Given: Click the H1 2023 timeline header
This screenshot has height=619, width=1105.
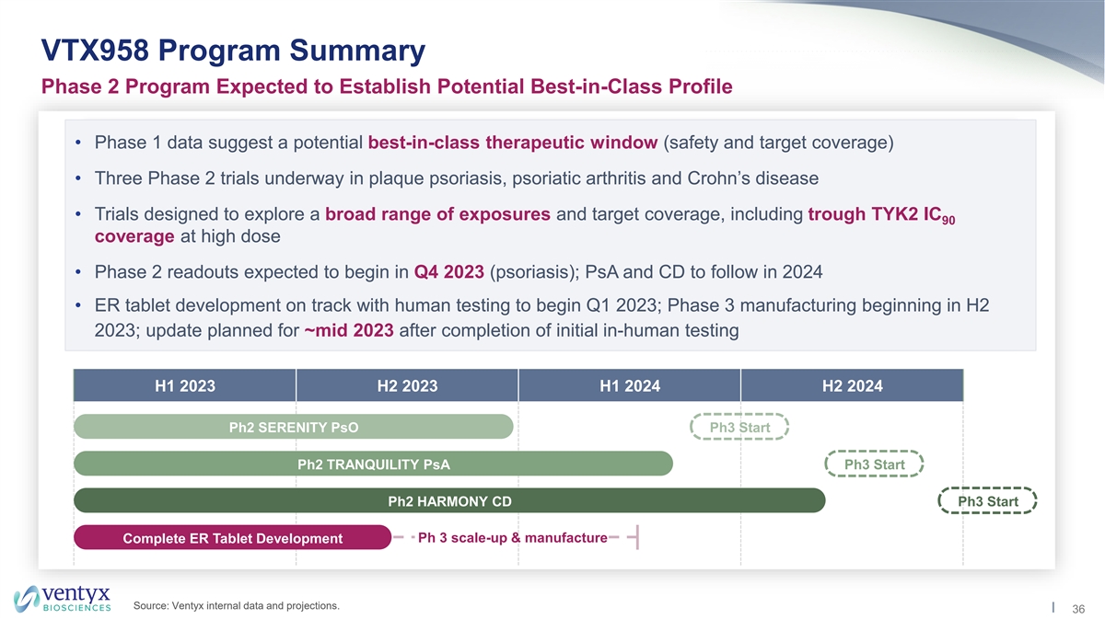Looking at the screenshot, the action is pos(185,385).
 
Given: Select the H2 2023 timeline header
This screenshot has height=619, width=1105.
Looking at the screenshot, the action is pos(407,385).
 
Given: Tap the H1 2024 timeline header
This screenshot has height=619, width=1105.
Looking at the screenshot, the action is pos(630,385).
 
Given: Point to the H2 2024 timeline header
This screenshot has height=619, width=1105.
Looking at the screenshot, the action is pos(852,385).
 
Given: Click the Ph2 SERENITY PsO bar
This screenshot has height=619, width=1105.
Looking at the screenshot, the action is pos(294,427).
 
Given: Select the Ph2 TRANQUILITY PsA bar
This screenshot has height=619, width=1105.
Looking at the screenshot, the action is pos(374,464).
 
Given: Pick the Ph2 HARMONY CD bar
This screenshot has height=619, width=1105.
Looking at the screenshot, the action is pos(449,500).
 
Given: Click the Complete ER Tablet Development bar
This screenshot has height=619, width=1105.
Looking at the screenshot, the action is pos(232,538).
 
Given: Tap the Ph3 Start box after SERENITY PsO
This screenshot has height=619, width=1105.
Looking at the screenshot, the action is pos(739,427).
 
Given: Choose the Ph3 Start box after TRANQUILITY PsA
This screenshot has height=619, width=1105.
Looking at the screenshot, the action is pos(874,464).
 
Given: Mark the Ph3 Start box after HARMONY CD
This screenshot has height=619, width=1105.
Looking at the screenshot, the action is pos(987,500).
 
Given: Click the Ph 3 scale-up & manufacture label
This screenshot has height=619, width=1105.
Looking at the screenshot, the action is pos(513,538).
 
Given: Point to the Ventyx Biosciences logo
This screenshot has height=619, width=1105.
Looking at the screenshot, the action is pos(63,598).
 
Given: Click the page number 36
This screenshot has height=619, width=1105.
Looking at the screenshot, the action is pos(1078,609).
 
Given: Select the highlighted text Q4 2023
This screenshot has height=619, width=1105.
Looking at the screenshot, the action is pos(449,272).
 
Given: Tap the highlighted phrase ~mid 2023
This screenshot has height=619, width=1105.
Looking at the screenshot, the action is pos(349,330).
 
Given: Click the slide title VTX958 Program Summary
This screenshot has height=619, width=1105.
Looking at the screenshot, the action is pos(233,51).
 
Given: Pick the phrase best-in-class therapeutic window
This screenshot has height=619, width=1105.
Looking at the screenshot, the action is pos(513,143).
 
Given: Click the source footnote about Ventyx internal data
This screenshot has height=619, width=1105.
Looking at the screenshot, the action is pos(237,606).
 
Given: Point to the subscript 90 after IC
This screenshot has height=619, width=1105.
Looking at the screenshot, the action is pos(948,221).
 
